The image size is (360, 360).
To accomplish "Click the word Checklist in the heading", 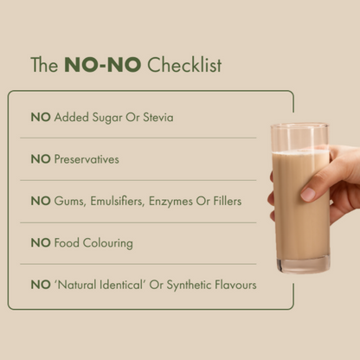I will coord(184,66).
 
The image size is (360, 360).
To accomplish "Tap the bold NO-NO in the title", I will coord(104,66).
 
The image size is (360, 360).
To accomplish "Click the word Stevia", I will coord(156,117).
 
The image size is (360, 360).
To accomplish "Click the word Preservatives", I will coord(87,159).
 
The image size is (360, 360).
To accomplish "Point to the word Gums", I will coord(70,201).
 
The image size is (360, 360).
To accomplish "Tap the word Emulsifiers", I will coord(120,201).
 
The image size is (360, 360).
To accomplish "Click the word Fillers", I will coord(228,201).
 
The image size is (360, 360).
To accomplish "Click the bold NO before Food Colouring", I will coord(41,243).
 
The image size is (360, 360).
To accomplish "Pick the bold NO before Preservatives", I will coord(41,159).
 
